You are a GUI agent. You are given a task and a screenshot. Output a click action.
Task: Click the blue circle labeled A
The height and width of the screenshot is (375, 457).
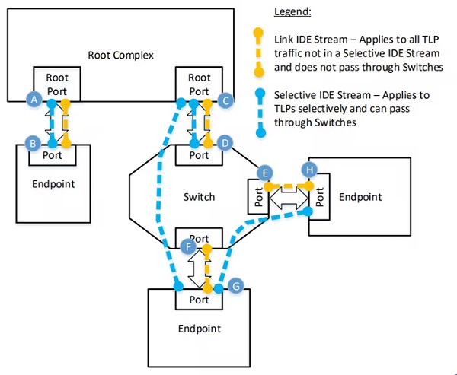(x=34, y=100)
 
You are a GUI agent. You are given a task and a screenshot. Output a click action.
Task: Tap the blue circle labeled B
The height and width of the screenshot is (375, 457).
(x=33, y=143)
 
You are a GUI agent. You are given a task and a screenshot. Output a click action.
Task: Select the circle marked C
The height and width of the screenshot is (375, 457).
(x=225, y=100)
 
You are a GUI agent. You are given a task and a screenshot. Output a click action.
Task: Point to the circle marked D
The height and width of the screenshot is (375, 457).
(x=225, y=143)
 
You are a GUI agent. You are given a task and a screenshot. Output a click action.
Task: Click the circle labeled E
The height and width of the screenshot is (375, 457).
(x=265, y=173)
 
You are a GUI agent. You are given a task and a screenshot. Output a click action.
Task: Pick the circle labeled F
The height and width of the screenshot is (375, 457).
(x=188, y=247)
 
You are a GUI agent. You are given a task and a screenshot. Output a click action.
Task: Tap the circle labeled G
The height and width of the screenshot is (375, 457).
(x=235, y=286)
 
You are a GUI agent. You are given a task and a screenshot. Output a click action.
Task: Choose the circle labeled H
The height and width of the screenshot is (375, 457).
(x=309, y=170)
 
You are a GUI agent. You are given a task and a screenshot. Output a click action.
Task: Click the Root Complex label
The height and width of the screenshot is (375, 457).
(x=120, y=55)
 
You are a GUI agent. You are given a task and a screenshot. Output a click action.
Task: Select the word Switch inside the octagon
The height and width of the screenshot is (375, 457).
(x=200, y=197)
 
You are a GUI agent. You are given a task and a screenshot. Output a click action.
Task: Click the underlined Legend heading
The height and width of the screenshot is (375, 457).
(x=292, y=12)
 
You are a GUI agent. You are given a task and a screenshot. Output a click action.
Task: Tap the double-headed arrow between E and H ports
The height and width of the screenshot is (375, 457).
(x=289, y=198)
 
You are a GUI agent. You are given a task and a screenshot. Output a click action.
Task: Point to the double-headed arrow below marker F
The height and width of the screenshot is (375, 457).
(x=196, y=269)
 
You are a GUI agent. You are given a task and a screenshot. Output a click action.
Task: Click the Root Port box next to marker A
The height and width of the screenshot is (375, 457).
(x=57, y=84)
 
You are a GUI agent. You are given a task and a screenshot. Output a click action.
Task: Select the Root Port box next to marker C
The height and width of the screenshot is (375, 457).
(x=199, y=84)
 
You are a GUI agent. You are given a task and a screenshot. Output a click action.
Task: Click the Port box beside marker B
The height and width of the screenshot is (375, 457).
(x=53, y=155)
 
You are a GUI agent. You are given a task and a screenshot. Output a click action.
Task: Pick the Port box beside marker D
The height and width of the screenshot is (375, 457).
(x=199, y=155)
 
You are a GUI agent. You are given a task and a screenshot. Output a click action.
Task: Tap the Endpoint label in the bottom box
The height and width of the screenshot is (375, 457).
(x=200, y=329)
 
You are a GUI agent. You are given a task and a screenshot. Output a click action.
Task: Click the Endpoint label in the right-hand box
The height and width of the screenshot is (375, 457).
(x=360, y=197)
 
